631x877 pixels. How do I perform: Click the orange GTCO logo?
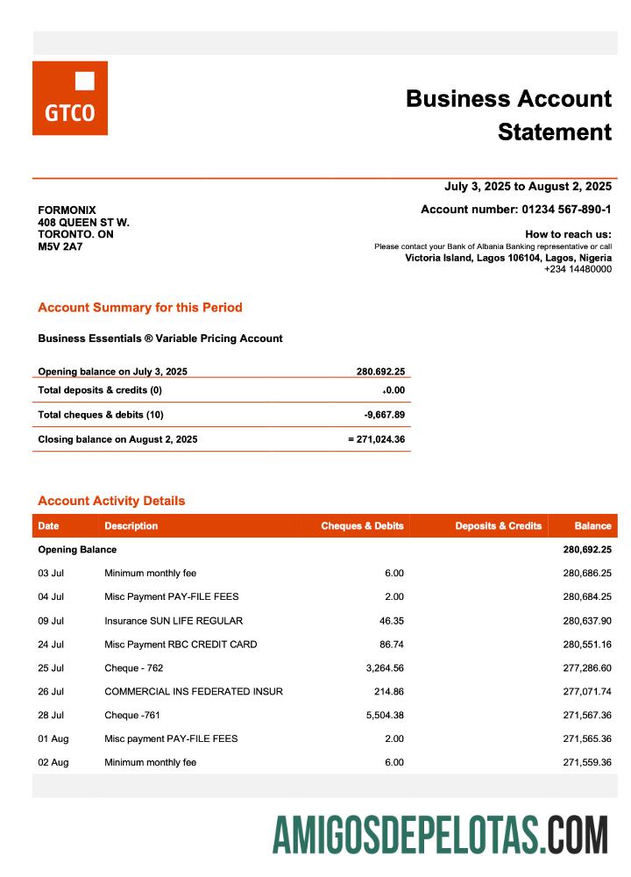70,98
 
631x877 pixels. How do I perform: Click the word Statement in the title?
554,132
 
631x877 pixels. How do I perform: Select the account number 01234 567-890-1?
566,210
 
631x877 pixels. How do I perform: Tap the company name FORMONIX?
67,210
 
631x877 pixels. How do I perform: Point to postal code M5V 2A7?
60,246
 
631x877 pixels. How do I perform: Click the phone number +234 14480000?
578,269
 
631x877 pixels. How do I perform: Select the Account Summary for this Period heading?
140,308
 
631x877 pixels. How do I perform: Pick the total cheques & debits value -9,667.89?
385,415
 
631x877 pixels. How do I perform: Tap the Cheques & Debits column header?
362,526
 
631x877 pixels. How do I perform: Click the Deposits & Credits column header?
498,526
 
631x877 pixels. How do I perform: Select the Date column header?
49,526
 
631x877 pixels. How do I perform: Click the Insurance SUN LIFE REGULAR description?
174,621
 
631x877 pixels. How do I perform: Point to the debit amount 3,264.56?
382,668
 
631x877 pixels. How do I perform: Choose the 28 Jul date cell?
51,716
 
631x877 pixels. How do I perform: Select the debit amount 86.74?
389,645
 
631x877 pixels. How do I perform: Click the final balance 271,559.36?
586,763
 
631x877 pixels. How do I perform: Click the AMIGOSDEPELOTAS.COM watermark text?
440,834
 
